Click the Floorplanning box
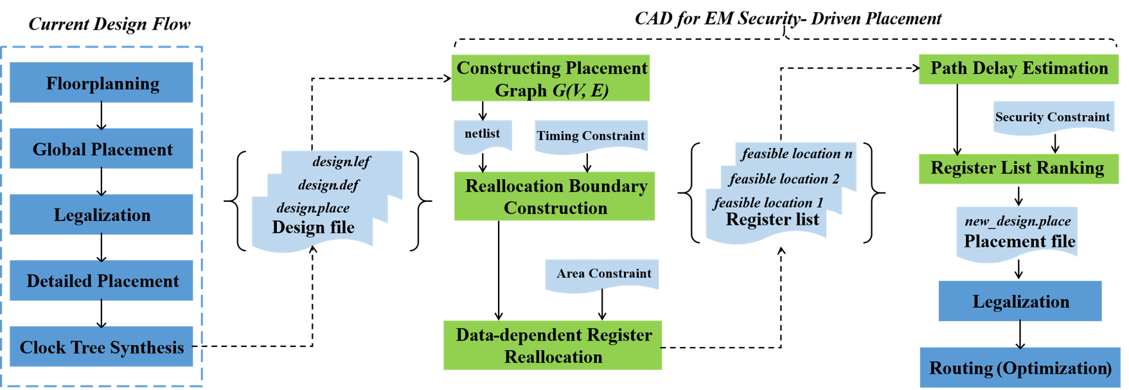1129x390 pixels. point(102,82)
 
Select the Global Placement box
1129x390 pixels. point(102,148)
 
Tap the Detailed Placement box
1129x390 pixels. point(102,280)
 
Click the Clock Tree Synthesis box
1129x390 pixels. point(102,346)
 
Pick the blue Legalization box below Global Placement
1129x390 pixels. point(102,214)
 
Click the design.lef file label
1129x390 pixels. point(341,161)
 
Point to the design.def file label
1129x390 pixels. point(328,185)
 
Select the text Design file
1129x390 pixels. point(313,227)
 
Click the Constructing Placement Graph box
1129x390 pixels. point(551,78)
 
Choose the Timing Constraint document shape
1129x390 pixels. point(591,136)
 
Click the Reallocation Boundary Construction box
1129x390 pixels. point(555,196)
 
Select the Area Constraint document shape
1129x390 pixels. point(602,273)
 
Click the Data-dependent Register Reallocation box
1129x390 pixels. point(553,345)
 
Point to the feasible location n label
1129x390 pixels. point(796,154)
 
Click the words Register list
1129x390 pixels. point(772,220)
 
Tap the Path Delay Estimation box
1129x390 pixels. point(1018,69)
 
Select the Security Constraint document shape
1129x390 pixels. point(1053,116)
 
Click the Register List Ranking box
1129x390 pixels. point(1018,168)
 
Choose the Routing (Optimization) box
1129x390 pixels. point(1020,368)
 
